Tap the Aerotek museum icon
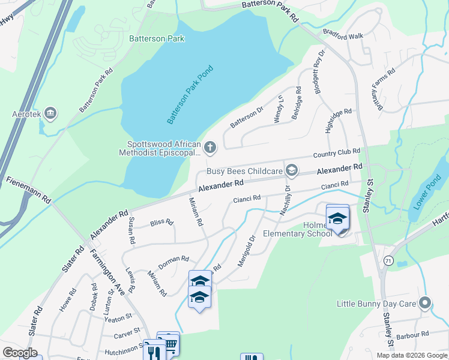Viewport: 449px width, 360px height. [50, 113]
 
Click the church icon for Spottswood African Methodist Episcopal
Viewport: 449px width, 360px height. [210, 146]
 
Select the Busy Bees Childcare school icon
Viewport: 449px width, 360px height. [292, 171]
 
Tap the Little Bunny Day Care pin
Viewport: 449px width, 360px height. [426, 303]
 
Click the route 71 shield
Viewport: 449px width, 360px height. [388, 260]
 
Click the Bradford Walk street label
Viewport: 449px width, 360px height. [343, 35]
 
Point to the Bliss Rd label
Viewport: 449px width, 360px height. [161, 222]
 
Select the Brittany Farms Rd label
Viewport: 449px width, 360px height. [383, 90]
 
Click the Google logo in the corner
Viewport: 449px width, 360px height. [20, 353]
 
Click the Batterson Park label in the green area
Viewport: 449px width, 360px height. [157, 38]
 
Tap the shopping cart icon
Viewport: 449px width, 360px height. [171, 344]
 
